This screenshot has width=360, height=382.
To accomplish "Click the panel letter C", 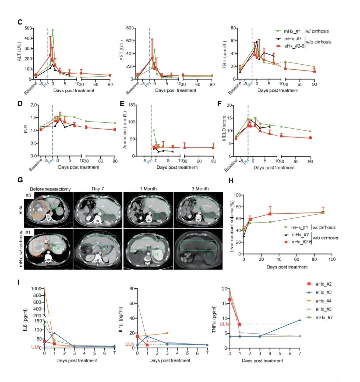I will coord(20,22).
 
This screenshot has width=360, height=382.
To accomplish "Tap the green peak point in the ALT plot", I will coord(53,30).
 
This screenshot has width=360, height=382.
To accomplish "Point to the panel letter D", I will coord(20,103).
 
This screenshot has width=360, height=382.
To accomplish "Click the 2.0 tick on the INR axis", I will coord(33,105).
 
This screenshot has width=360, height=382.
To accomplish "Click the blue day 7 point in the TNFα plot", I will coord(300,320).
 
